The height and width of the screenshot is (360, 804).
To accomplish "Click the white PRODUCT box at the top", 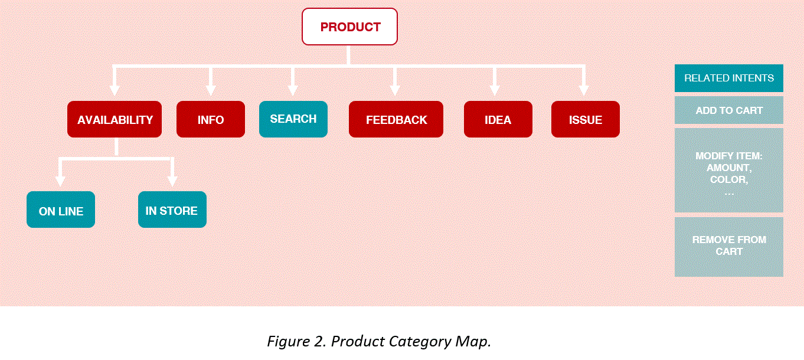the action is (349, 27).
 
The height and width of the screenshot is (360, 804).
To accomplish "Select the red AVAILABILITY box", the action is (115, 119).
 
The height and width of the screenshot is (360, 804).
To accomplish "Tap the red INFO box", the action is (211, 119).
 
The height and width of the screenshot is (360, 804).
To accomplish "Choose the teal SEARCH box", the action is (293, 119).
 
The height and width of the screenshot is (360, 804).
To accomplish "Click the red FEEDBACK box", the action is (396, 119).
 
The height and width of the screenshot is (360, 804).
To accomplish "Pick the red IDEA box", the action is (498, 119).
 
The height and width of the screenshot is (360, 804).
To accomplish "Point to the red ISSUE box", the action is (586, 119).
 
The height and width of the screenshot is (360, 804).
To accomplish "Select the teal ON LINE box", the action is (61, 210).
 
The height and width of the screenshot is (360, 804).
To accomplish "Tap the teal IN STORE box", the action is (172, 210).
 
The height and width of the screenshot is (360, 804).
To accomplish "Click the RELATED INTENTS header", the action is (729, 78).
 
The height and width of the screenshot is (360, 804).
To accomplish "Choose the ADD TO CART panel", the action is (729, 110).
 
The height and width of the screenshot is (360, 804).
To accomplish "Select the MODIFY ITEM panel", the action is (729, 171).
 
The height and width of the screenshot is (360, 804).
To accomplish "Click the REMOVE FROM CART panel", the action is (729, 247).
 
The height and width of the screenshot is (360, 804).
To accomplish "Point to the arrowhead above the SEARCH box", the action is (293, 91).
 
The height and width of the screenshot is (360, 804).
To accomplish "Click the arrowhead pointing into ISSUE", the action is (584, 91).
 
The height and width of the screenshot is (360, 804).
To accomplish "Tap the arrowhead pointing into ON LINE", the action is (60, 181).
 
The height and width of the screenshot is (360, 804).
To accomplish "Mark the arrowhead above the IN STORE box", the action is (172, 181).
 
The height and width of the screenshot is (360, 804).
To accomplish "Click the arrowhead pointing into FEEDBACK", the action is (395, 91).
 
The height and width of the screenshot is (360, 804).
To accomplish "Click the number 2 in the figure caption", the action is (319, 341).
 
